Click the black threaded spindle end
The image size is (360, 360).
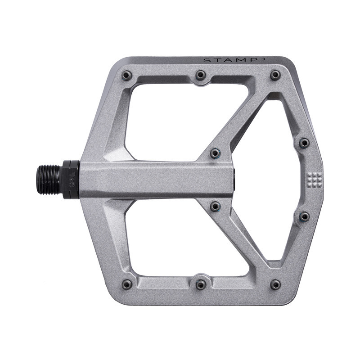(x=49, y=180)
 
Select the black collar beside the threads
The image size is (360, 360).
(x=71, y=180)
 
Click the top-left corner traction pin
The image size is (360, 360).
(x=127, y=75)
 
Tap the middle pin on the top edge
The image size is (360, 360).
(x=201, y=75)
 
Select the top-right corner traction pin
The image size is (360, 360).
(x=275, y=75)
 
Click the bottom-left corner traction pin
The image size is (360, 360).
(x=127, y=284)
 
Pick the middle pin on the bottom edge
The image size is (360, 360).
(x=201, y=284)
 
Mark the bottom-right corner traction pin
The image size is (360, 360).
(x=275, y=284)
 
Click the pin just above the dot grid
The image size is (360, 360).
(x=304, y=143)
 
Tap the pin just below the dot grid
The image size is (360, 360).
(x=304, y=216)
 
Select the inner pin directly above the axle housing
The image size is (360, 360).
(x=216, y=153)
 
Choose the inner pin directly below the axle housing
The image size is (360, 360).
(x=216, y=206)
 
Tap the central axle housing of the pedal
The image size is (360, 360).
(x=157, y=180)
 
